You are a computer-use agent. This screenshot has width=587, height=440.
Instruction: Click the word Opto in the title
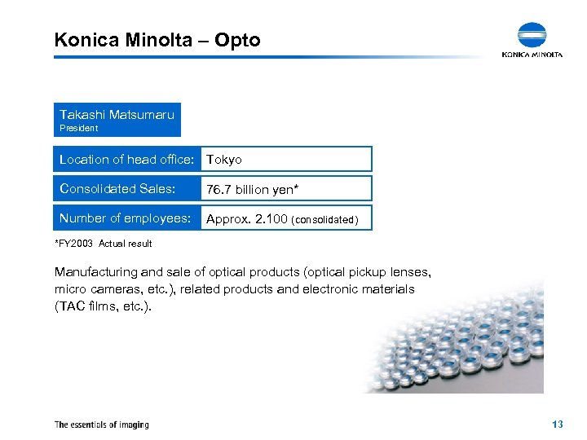click(239, 40)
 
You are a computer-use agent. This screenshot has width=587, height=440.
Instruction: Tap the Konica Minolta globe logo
click(532, 36)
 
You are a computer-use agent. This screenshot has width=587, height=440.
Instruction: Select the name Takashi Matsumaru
click(117, 115)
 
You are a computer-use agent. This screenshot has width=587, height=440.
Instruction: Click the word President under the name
click(78, 128)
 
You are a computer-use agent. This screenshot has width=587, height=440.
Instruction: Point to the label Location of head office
click(126, 159)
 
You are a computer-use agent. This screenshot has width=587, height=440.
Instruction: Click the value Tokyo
click(224, 160)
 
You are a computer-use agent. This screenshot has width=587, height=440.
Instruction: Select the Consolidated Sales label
click(117, 189)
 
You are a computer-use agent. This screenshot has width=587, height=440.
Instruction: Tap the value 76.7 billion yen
click(252, 190)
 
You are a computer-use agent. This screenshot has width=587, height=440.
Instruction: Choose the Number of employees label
click(125, 218)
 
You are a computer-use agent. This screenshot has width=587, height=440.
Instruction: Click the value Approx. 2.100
click(247, 219)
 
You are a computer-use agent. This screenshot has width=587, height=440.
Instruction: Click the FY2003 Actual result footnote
click(104, 244)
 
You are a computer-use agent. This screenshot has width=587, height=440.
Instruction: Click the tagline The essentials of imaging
click(101, 425)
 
